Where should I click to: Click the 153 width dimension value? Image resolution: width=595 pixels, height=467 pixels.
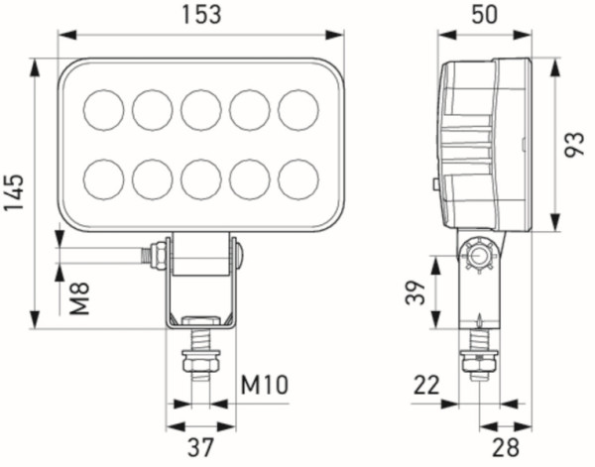(x=201, y=15)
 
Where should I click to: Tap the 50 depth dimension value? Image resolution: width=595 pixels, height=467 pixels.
(x=484, y=15)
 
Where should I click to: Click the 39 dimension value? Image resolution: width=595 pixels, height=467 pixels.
(x=416, y=292)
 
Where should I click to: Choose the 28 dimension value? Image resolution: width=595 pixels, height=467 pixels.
(x=505, y=447)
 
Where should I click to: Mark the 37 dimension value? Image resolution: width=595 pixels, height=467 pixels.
(x=201, y=447)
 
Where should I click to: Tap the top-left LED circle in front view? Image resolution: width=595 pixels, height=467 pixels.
(x=104, y=109)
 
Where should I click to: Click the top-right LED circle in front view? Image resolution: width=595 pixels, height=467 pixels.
(x=298, y=109)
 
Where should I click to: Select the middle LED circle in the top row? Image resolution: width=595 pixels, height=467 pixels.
(x=201, y=109)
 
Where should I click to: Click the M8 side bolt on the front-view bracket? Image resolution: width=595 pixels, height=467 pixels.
(x=156, y=255)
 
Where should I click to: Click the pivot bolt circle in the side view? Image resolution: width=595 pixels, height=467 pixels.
(x=481, y=258)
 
